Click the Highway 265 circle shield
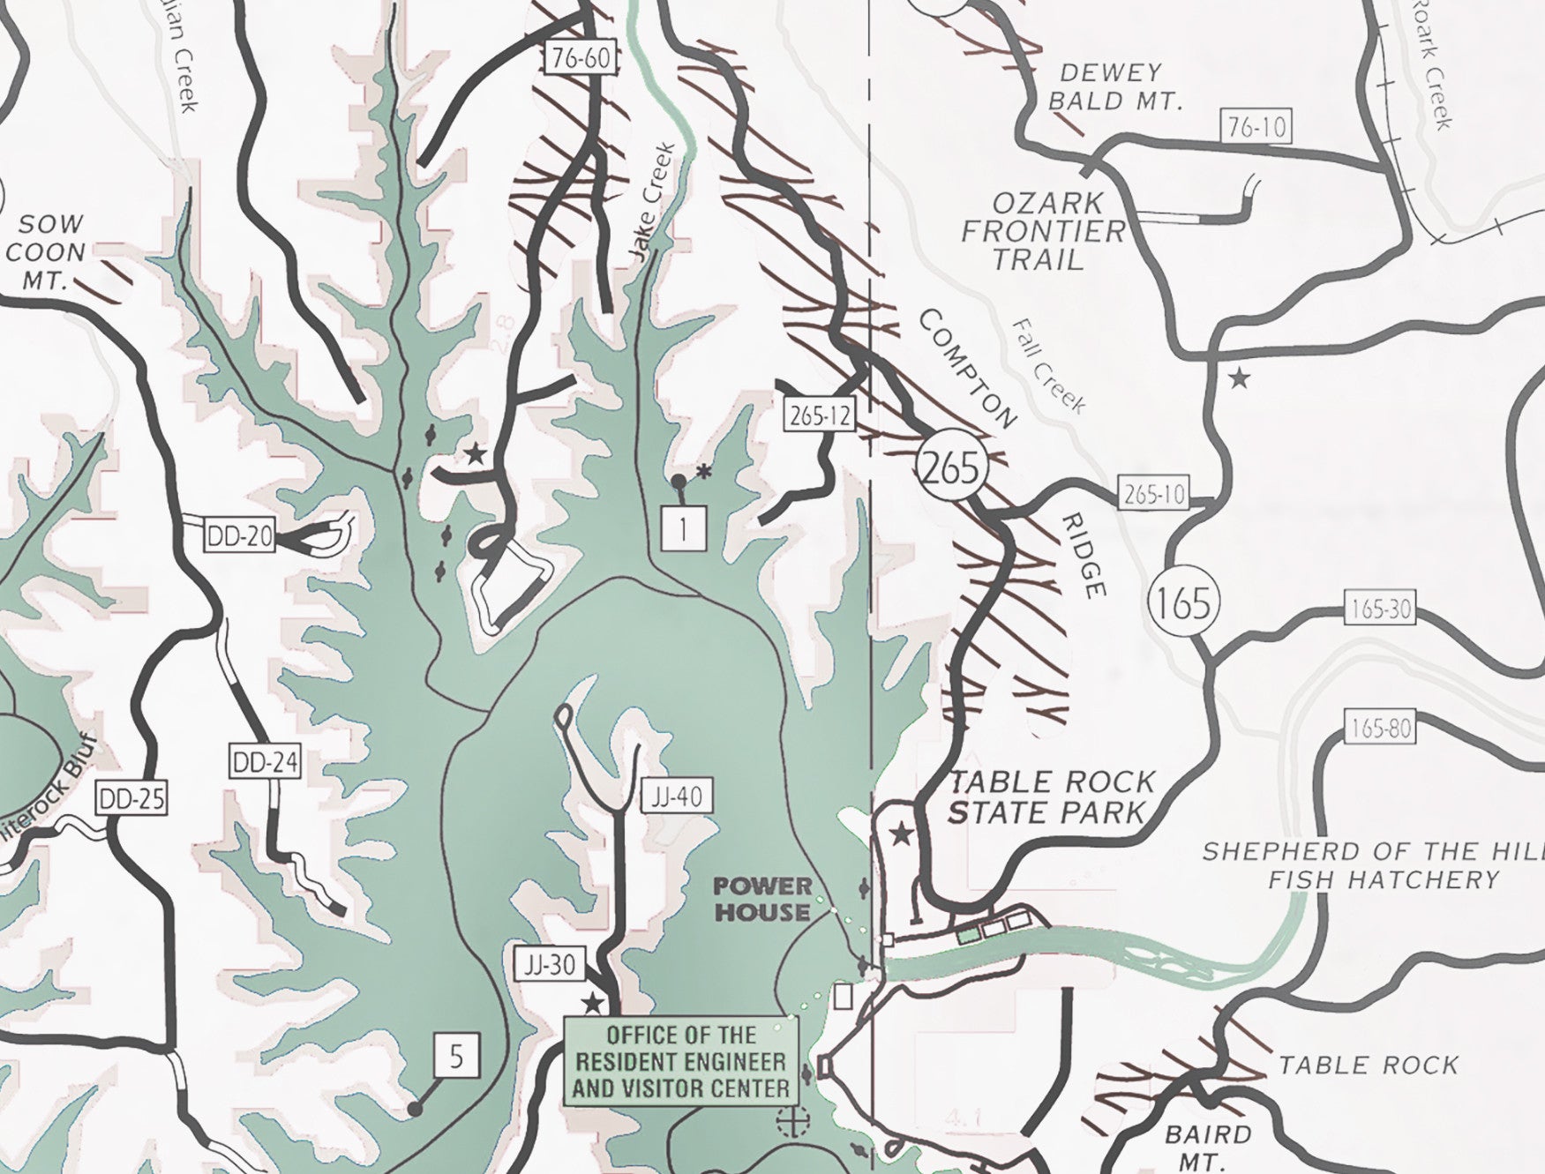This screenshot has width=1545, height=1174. click(x=951, y=467)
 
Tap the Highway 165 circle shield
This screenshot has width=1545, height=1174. click(x=1183, y=602)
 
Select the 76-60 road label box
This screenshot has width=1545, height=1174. click(x=579, y=58)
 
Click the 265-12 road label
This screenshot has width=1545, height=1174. click(x=821, y=415)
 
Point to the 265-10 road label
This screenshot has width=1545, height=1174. click(x=1153, y=494)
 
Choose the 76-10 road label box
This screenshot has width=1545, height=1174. click(x=1256, y=127)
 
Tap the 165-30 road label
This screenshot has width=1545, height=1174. click(x=1380, y=609)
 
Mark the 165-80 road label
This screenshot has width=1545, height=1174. click(x=1380, y=728)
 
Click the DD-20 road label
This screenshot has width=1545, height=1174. click(x=239, y=535)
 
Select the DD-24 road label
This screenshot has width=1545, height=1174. click(x=265, y=762)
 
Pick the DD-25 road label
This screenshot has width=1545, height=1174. click(x=131, y=799)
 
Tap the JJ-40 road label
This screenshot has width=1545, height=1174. click(x=677, y=797)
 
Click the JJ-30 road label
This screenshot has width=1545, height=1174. click(x=550, y=964)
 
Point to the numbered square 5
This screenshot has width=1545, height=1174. click(x=455, y=1056)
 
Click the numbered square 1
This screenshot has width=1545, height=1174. click(x=683, y=528)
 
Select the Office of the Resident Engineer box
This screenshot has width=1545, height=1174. click(x=680, y=1061)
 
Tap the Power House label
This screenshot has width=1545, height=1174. click(x=762, y=899)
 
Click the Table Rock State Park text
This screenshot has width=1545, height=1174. click(x=1050, y=796)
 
